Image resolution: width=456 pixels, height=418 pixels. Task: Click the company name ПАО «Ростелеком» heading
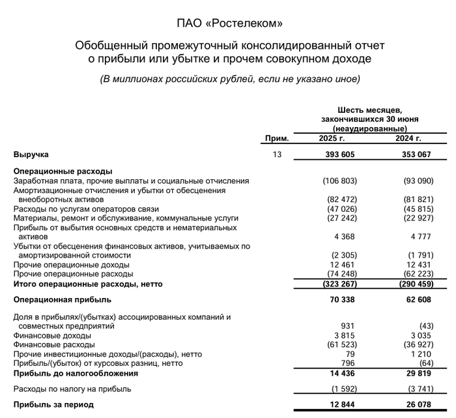pyautogui.click(x=230, y=24)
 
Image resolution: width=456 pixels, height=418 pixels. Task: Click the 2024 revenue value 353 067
pyautogui.click(x=421, y=155)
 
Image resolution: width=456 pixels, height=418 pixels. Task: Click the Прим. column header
pyautogui.click(x=277, y=139)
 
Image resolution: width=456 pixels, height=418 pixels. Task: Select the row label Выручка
pyautogui.click(x=31, y=155)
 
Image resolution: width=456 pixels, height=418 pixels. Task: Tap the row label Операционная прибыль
pyautogui.click(x=63, y=300)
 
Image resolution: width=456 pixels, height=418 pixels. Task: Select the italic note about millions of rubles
pyautogui.click(x=230, y=79)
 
